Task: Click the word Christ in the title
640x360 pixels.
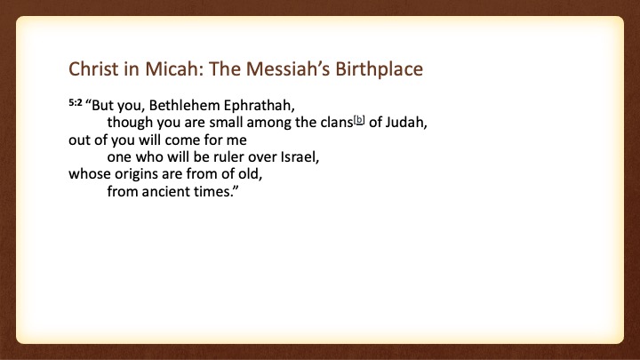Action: point(93,68)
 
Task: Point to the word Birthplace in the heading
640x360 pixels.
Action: point(380,69)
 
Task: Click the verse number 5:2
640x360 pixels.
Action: point(76,102)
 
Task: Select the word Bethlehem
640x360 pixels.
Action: point(185,105)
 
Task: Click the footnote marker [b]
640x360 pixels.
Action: point(359,120)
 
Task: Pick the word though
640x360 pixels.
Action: point(130,123)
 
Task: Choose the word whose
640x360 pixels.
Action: point(90,174)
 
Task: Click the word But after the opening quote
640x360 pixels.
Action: point(102,106)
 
